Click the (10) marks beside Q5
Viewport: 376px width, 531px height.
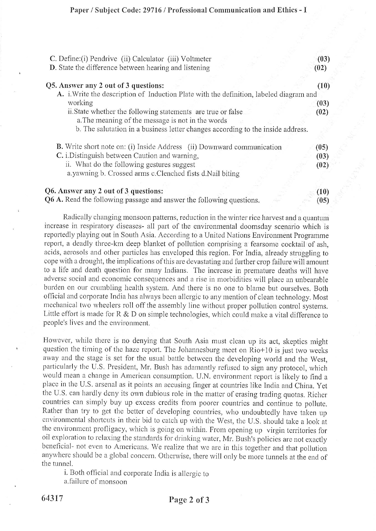click(x=323, y=86)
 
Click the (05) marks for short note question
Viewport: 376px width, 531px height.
click(x=322, y=147)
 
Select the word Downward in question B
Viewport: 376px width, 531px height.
click(x=216, y=147)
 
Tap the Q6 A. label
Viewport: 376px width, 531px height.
click(x=54, y=200)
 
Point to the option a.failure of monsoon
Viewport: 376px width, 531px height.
click(x=96, y=482)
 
